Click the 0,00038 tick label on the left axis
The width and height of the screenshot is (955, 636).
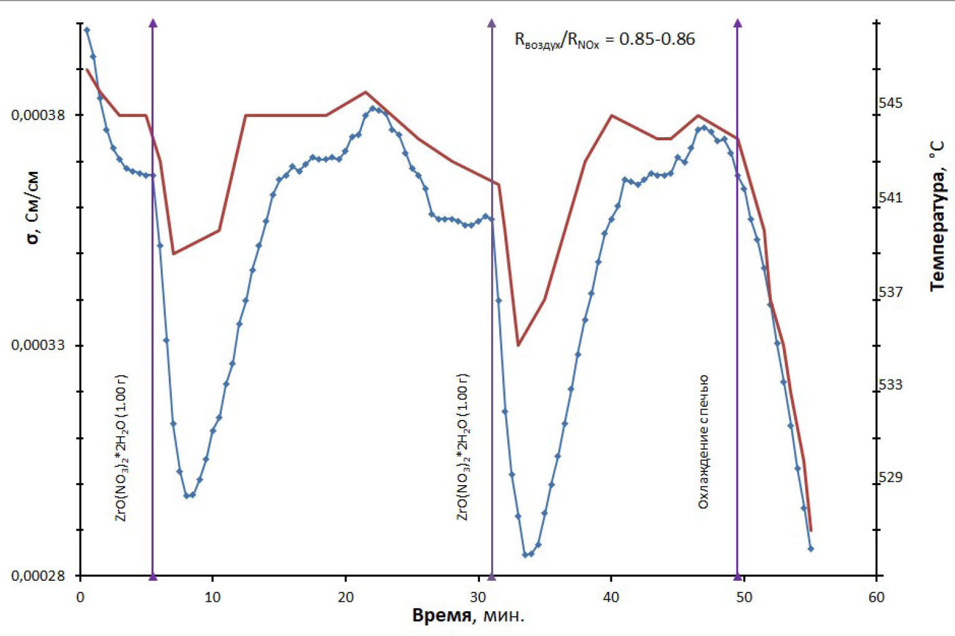tap(38, 115)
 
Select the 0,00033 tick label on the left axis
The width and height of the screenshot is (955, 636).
tap(38, 345)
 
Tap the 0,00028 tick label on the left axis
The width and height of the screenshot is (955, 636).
tap(38, 576)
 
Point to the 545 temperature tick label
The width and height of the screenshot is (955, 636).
tap(890, 103)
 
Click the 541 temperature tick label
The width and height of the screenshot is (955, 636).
tap(890, 198)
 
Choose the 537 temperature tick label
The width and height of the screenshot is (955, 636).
tap(890, 292)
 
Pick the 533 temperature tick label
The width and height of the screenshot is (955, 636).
tap(890, 385)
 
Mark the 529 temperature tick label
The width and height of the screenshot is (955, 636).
tap(890, 478)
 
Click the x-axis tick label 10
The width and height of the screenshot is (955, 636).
tap(212, 597)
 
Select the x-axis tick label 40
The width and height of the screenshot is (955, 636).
tap(611, 597)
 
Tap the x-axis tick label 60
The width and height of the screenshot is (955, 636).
tap(876, 597)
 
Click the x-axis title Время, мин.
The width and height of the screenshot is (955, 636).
tap(468, 616)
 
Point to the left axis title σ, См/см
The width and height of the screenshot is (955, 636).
tap(32, 207)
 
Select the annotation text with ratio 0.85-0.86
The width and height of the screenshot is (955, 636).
tap(605, 40)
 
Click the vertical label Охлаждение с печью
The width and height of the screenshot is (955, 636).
tap(703, 442)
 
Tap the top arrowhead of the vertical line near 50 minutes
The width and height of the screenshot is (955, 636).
tap(738, 24)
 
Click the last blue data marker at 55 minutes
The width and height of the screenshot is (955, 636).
tap(810, 548)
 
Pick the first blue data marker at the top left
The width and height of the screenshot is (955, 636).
tap(87, 30)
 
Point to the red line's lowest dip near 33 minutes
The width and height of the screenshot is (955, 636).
tap(518, 345)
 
